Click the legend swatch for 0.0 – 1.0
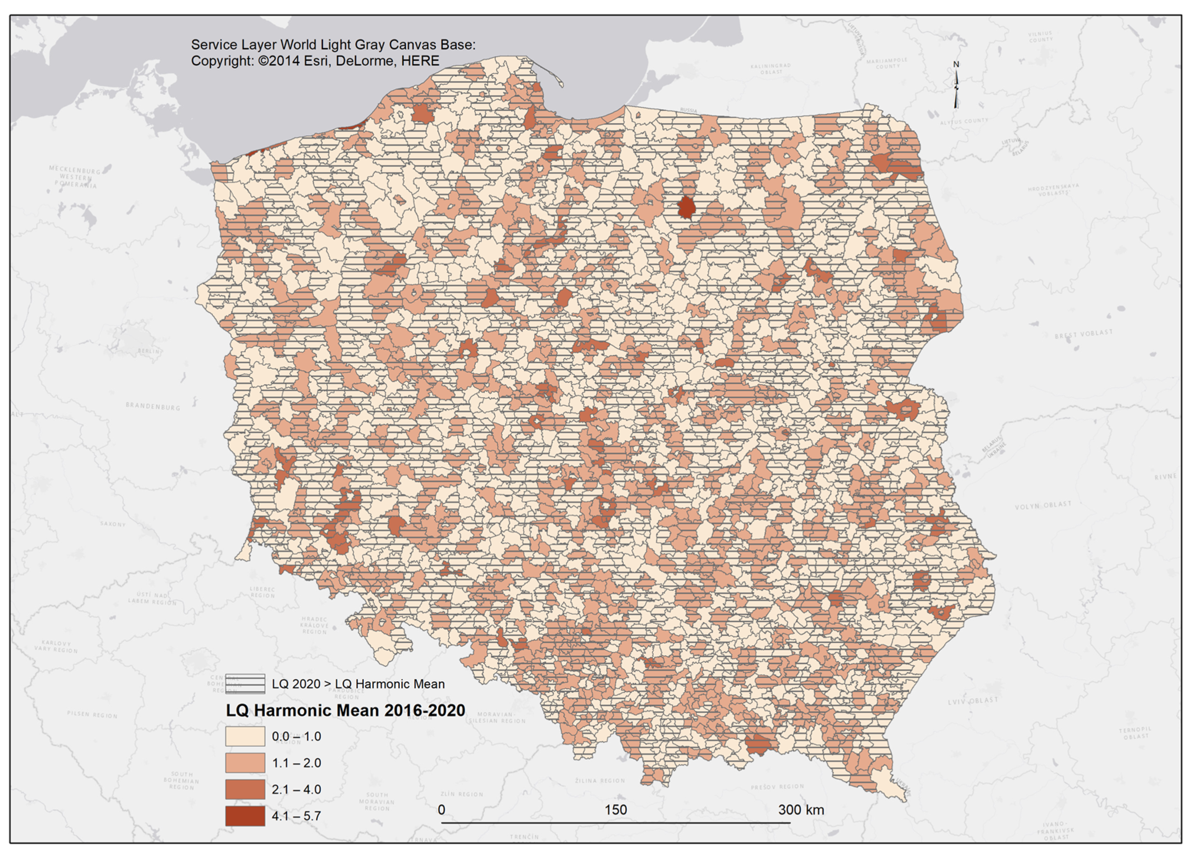point(245,736)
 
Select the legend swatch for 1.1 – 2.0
point(245,762)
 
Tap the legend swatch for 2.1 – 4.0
point(245,789)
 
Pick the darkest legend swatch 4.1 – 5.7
point(245,816)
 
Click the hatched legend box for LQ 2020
point(245,683)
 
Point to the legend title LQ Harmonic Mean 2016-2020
point(345,710)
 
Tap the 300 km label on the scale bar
point(801,809)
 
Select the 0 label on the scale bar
point(441,809)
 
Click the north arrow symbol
point(956,87)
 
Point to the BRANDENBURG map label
point(153,406)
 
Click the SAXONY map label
point(113,524)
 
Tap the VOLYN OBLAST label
point(1043,505)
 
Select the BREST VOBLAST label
point(1083,334)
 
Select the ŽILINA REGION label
point(600,780)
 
